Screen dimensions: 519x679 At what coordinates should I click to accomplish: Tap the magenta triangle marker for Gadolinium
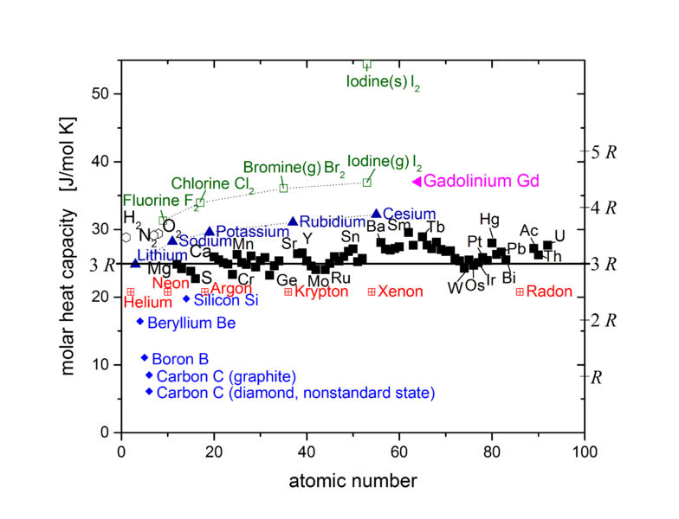(417, 182)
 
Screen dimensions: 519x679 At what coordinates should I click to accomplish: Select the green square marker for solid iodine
(366, 64)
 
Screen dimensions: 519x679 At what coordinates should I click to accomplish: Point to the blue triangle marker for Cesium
(376, 213)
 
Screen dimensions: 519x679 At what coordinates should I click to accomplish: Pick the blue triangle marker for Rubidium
(293, 221)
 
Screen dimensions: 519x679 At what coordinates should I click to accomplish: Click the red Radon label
(549, 292)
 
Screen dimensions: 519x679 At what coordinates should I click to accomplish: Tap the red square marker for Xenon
(372, 292)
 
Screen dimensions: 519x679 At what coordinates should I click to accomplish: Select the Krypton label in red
(320, 292)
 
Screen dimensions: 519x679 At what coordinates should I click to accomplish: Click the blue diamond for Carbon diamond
(149, 392)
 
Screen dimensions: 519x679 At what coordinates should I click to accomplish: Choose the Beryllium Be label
(191, 323)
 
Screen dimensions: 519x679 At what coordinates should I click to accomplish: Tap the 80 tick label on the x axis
(492, 452)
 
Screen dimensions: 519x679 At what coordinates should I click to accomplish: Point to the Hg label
(489, 219)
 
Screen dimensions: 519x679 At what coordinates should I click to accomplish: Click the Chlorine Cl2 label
(212, 183)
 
